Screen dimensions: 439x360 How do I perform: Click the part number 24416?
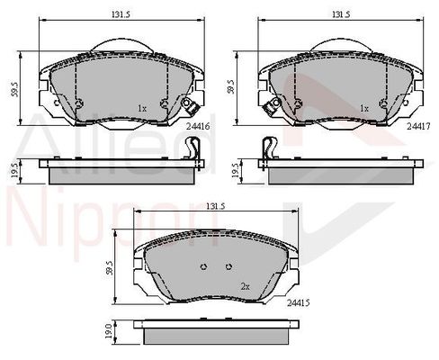pos(198,127)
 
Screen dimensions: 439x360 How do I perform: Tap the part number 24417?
pos(418,127)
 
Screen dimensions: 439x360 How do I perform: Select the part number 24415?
pos(298,303)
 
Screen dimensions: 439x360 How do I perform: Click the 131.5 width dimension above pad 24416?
pos(122,14)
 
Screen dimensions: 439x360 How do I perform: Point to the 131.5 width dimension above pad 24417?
pos(341,14)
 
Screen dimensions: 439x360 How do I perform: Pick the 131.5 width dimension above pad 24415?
pos(215,206)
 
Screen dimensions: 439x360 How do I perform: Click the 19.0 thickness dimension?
pos(109,331)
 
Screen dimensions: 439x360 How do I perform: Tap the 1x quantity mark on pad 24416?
pos(142,109)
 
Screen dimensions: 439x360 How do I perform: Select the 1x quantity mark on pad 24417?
pos(364,109)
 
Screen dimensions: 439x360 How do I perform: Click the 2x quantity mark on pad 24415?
pos(246,287)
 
